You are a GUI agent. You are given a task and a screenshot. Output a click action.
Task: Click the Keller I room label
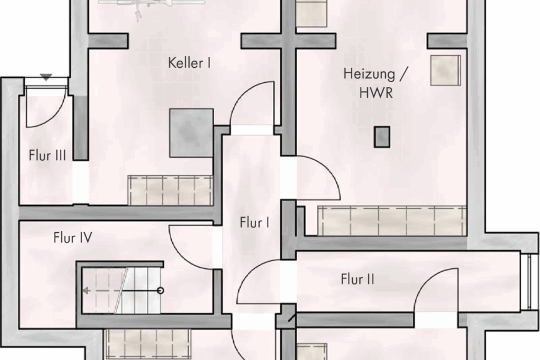189,62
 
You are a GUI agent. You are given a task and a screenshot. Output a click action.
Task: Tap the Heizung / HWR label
369,83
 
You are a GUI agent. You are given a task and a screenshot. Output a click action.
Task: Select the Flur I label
254,223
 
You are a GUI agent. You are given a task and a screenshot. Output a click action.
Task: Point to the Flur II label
358,279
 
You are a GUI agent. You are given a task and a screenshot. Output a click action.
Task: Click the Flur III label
47,155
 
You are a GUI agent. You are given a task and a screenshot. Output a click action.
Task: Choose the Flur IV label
72,238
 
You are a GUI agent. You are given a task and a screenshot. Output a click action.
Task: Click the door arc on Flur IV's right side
191,246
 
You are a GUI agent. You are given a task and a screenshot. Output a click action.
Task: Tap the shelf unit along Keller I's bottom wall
170,190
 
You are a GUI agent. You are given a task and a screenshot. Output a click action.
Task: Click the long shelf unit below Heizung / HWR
391,220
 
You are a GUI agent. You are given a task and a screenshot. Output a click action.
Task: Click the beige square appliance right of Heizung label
445,69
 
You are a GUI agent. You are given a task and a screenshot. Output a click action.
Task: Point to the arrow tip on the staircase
85,290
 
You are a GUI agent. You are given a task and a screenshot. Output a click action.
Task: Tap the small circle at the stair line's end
160,290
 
